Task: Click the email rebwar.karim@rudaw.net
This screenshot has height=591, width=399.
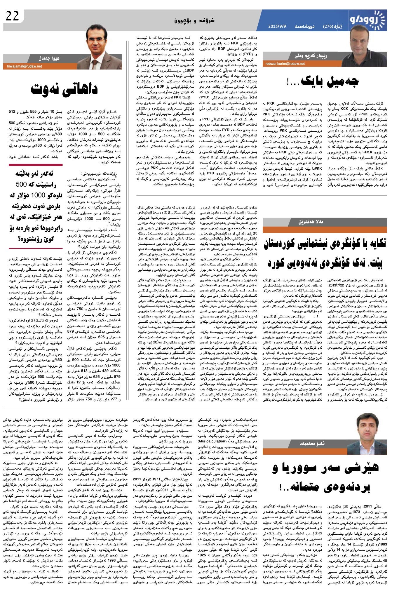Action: (285, 63)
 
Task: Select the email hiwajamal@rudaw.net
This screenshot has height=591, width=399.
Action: (23, 66)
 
